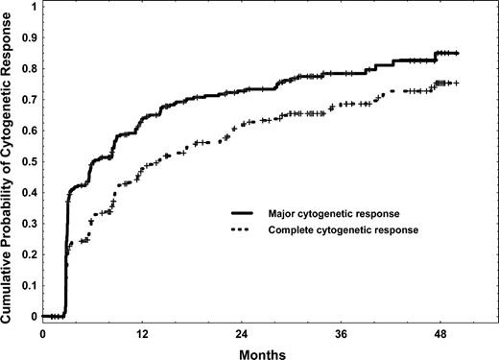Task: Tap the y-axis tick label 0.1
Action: [32, 285]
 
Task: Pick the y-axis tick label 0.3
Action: [32, 223]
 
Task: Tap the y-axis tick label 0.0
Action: [32, 316]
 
